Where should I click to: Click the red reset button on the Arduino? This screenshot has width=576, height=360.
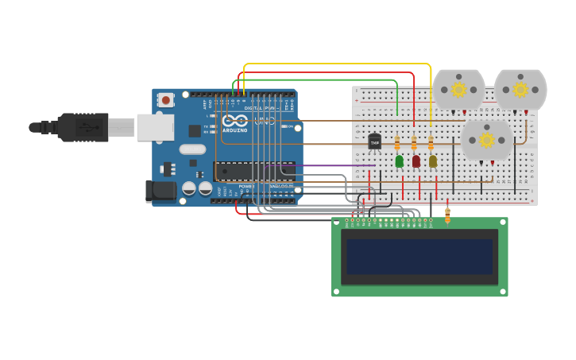click(x=165, y=99)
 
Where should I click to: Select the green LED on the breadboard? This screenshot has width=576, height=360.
click(x=399, y=161)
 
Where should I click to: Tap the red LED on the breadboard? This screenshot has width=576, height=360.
click(x=416, y=161)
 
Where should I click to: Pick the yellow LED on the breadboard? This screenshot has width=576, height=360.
click(x=432, y=161)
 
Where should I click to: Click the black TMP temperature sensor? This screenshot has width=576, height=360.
click(x=374, y=142)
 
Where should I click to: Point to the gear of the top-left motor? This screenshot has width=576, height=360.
click(x=458, y=90)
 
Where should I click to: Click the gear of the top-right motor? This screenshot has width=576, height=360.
click(x=520, y=89)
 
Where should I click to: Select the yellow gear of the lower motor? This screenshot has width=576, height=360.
click(x=486, y=141)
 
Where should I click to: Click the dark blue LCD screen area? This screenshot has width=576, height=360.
click(x=419, y=257)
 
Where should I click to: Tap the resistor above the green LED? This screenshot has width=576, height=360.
click(x=397, y=143)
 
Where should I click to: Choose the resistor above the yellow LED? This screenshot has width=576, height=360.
click(x=431, y=143)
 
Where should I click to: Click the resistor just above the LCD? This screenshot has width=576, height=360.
click(x=447, y=215)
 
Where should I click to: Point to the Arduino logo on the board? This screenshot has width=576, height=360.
click(x=235, y=122)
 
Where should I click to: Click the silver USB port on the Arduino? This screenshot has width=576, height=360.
click(x=155, y=127)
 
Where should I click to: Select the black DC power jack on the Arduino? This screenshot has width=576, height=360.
click(x=160, y=191)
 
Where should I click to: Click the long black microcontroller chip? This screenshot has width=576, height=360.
click(x=254, y=171)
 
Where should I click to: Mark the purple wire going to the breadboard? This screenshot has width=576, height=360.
click(x=334, y=165)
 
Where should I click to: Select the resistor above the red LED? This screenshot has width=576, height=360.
click(x=414, y=143)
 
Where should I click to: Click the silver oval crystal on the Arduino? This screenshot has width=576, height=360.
click(x=192, y=149)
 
